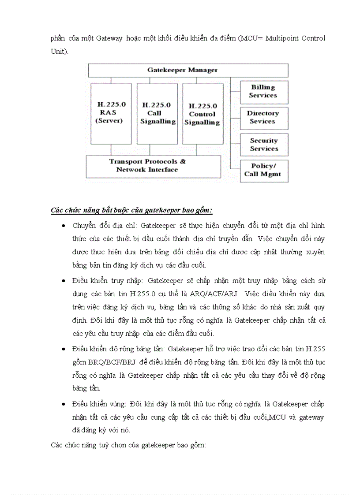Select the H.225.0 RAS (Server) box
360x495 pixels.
[111, 113]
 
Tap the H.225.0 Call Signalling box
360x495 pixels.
[157, 113]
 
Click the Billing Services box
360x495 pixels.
[264, 92]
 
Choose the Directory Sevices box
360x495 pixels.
[264, 118]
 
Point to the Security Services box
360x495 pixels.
[264, 145]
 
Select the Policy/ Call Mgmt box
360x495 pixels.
[264, 170]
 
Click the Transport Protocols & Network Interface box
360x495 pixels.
[153, 166]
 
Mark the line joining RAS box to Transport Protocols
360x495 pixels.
[111, 149]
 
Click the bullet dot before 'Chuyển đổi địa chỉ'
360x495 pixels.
[64, 226]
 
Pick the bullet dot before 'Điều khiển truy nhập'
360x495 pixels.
[64, 281]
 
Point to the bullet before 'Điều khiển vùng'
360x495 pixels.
[64, 404]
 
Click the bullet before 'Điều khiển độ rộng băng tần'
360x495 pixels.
[64, 349]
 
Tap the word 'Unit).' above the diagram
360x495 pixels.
[60, 52]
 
